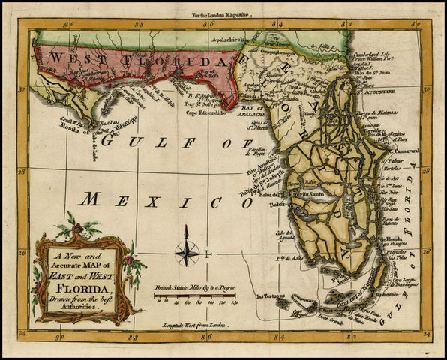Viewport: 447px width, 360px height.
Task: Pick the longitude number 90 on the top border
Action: (67, 24)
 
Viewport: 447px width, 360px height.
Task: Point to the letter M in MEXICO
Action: (91, 200)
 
